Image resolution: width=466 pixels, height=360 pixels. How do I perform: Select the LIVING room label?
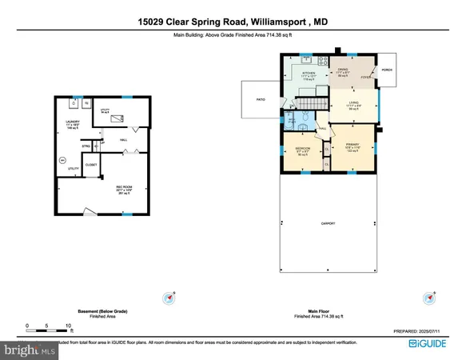point(352,102)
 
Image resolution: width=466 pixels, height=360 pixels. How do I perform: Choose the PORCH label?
point(387,70)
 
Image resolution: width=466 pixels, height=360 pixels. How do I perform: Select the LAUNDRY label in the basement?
point(73,122)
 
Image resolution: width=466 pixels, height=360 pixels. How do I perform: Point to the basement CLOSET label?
point(91,165)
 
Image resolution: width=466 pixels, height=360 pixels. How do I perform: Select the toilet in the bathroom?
point(305,122)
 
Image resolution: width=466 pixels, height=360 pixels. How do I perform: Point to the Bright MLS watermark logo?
point(30,350)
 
